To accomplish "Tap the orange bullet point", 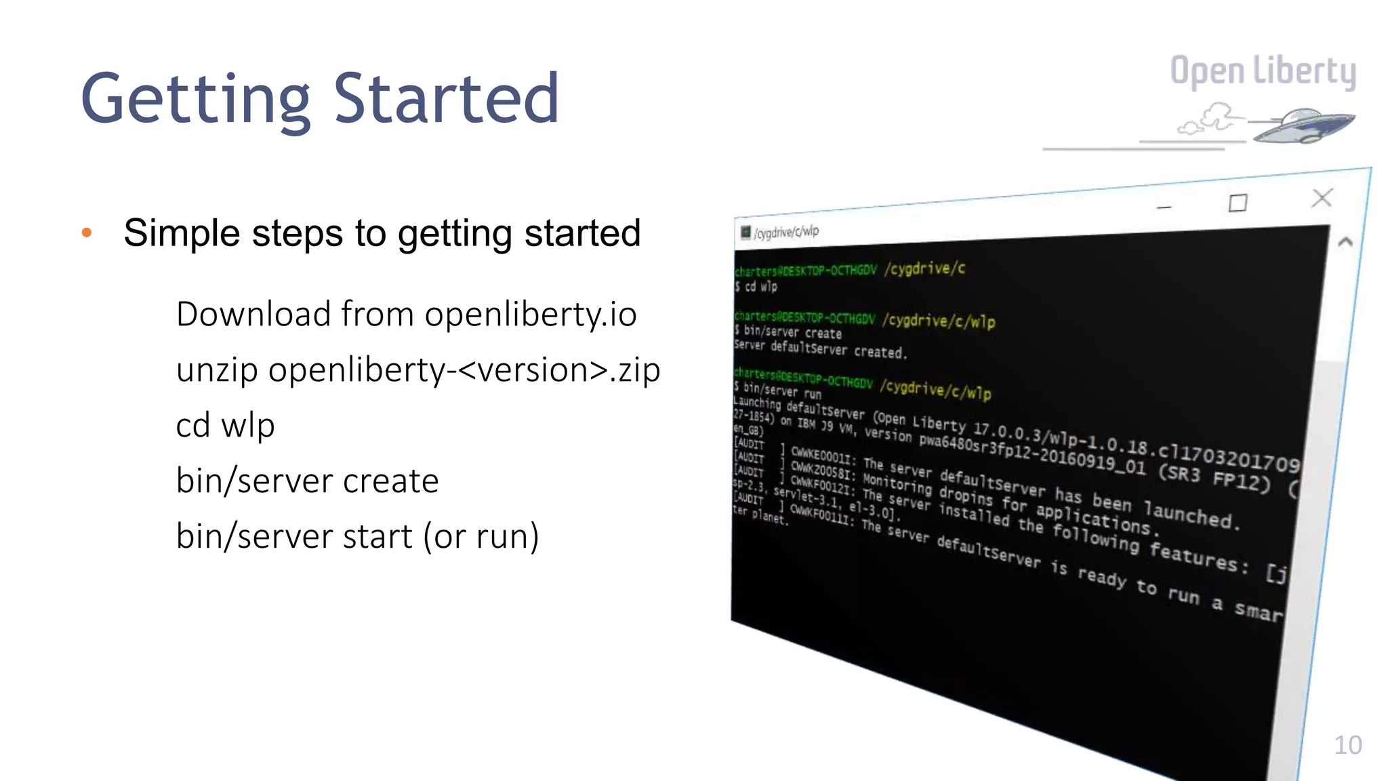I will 86,233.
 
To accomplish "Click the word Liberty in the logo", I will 1304,71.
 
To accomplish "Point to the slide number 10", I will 1347,745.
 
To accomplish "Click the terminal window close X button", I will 1322,198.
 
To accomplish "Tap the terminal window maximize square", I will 1238,203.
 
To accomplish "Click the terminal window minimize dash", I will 1164,207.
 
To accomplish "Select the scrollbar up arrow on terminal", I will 1345,241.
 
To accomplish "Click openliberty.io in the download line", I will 531,315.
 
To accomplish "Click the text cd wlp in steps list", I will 225,426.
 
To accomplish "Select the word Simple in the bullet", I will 182,233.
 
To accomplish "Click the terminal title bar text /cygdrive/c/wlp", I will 786,233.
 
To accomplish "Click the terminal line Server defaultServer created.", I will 820,349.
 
